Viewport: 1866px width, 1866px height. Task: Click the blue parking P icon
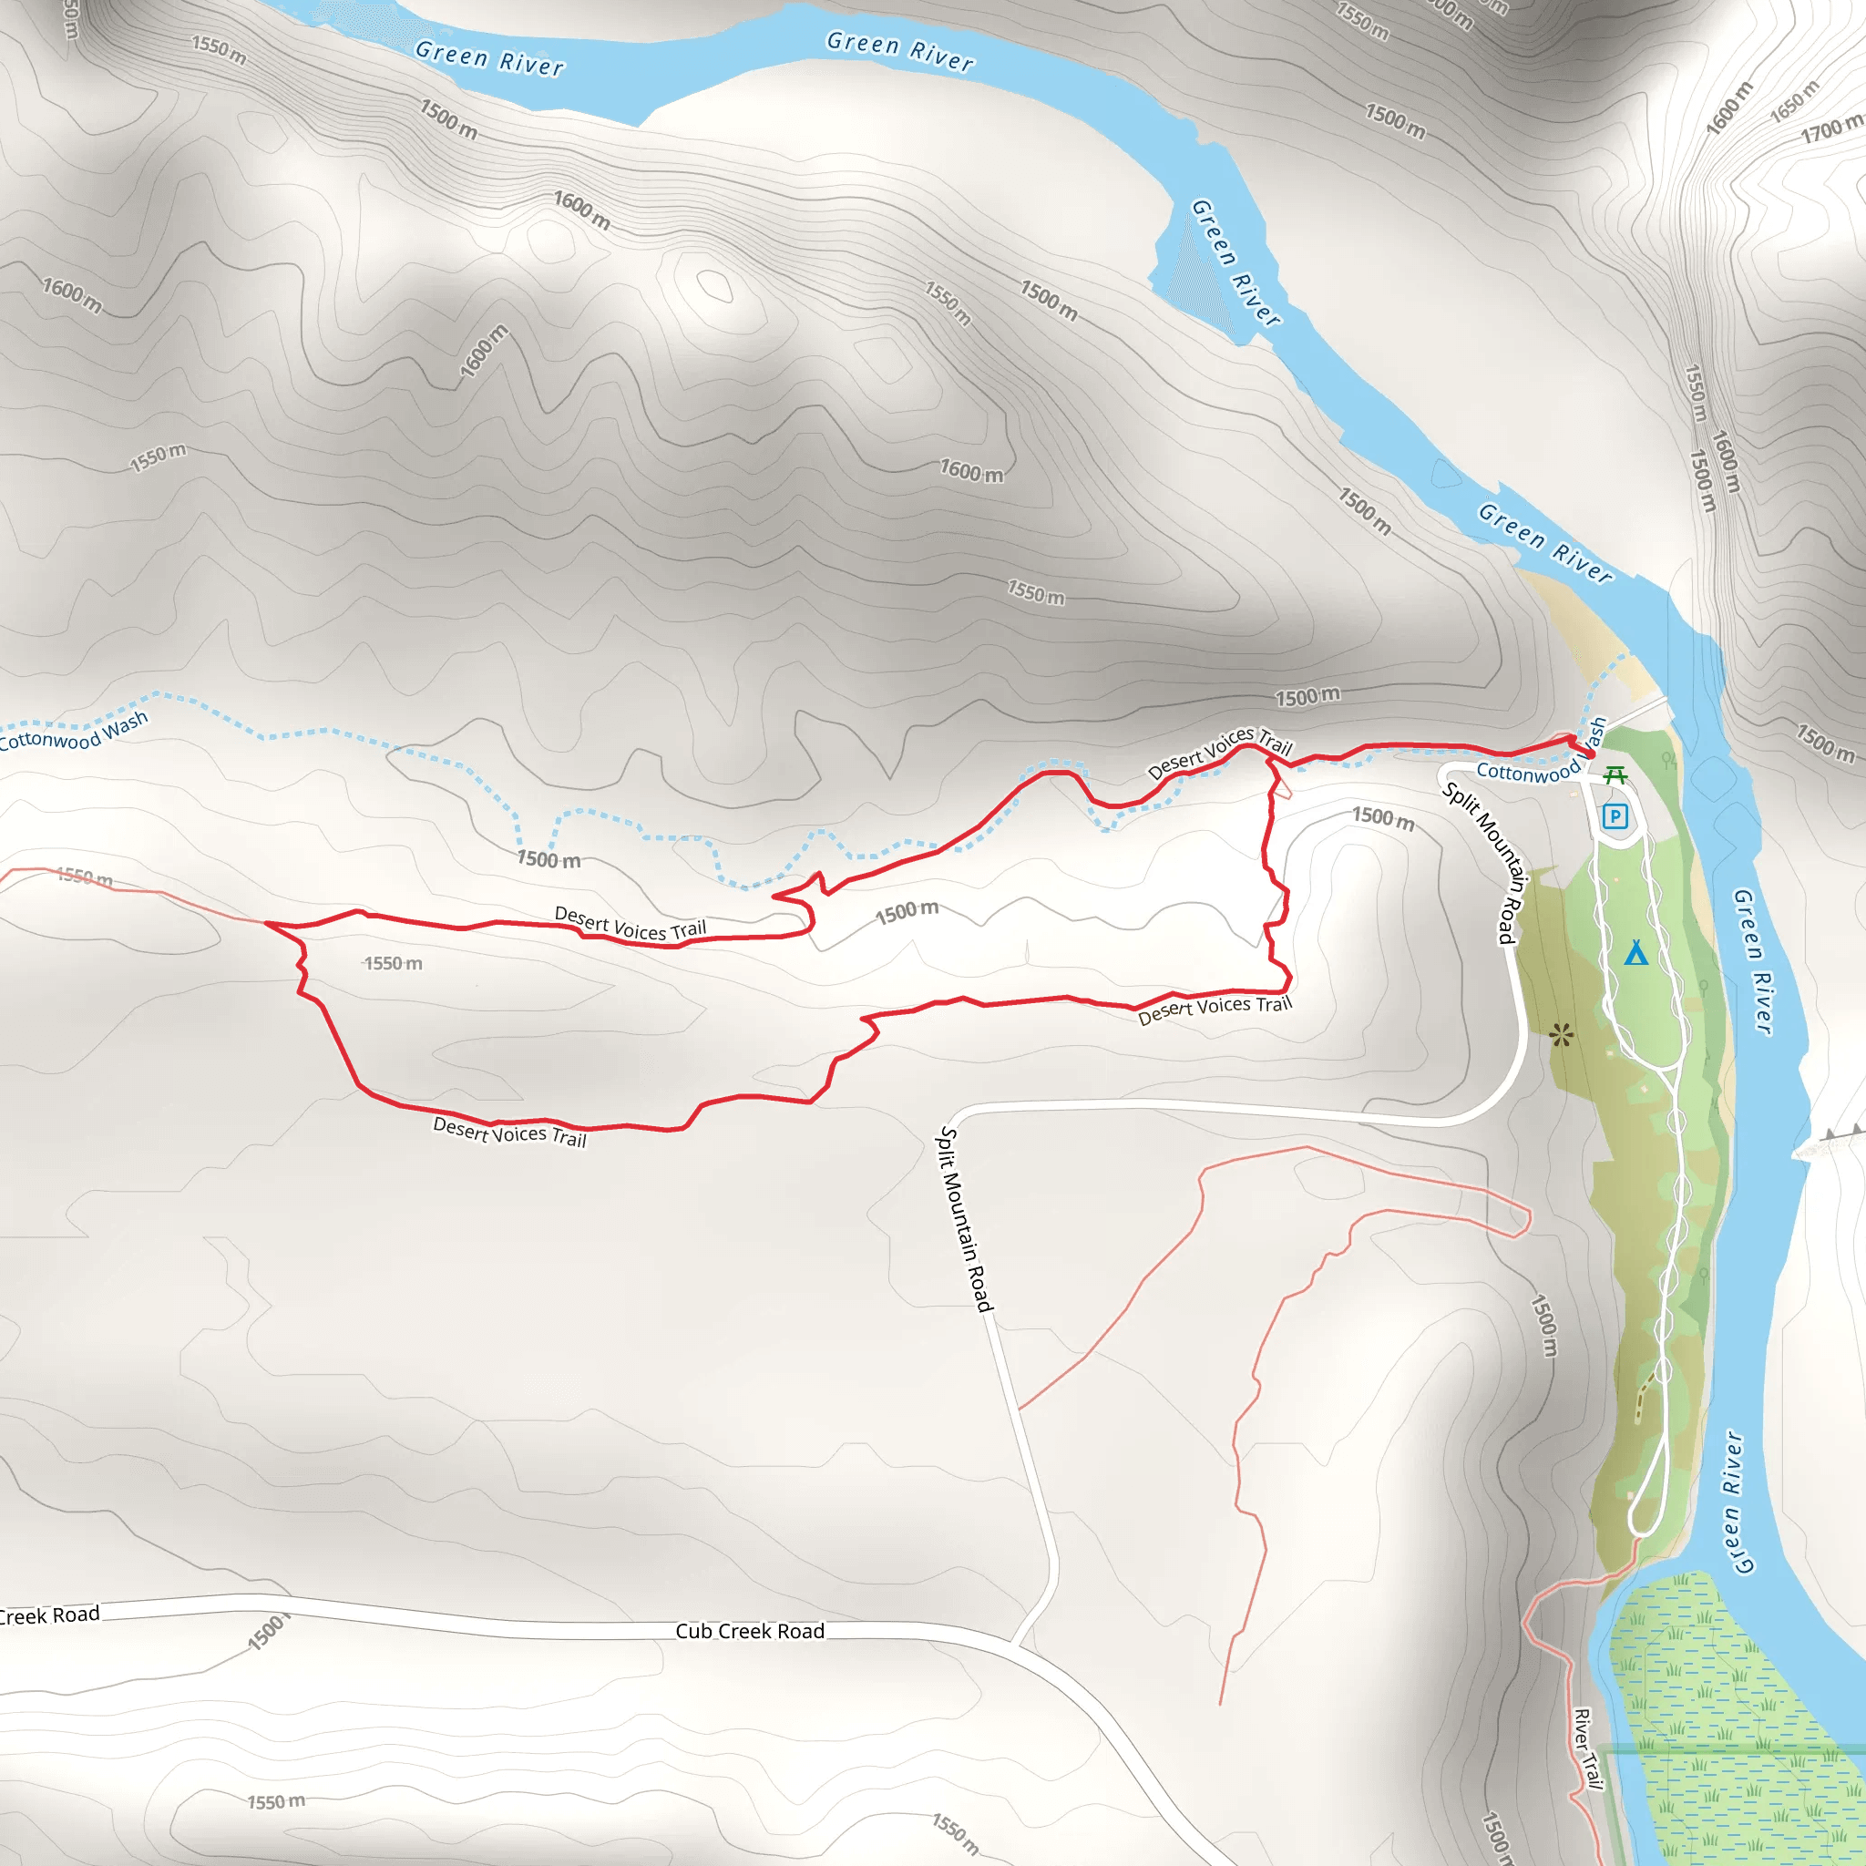[1614, 817]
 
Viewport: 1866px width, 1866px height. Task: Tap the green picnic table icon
[1615, 774]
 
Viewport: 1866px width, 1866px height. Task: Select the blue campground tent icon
[1635, 953]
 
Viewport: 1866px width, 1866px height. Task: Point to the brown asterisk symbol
[1561, 1035]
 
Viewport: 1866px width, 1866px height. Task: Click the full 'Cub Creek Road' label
[750, 1631]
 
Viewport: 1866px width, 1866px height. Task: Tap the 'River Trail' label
[1587, 1749]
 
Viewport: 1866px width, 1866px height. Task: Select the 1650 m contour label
[1793, 100]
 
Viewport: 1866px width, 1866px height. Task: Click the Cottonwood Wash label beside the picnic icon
[1528, 772]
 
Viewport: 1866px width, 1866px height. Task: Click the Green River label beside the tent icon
[1753, 962]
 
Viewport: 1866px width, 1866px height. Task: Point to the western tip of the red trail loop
[267, 923]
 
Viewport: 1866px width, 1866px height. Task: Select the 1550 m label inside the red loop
[393, 963]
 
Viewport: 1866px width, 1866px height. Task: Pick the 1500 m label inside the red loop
[907, 912]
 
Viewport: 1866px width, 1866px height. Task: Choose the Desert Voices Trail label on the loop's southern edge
[509, 1131]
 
